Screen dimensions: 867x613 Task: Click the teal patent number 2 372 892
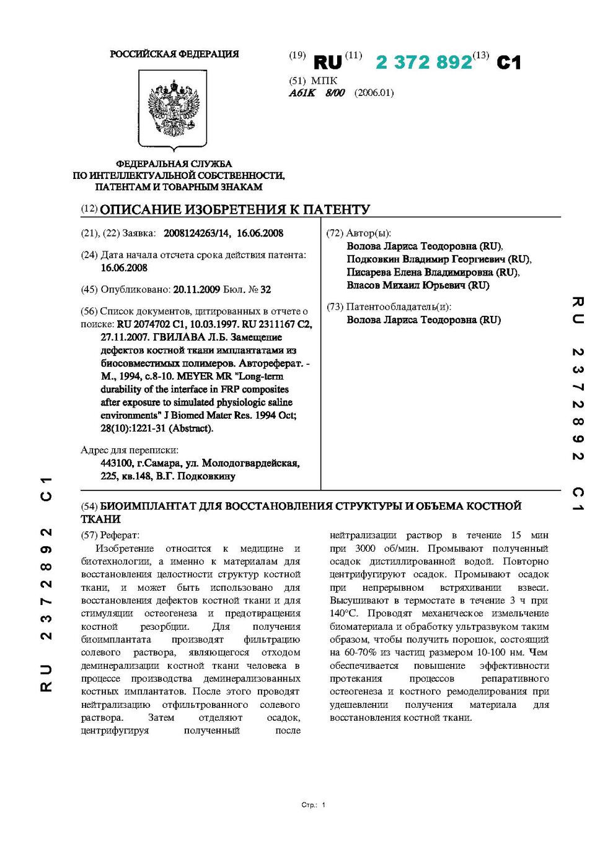(x=424, y=63)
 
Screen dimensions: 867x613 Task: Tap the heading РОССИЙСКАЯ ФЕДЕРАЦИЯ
(x=174, y=54)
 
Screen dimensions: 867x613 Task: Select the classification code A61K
(x=302, y=93)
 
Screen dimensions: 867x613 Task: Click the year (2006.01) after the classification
(x=374, y=93)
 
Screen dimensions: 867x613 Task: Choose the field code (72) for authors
(x=335, y=233)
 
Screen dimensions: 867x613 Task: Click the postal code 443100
(x=117, y=463)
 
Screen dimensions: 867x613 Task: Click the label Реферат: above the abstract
(x=120, y=535)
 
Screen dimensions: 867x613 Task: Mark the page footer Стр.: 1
(x=313, y=805)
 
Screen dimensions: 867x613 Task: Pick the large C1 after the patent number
(x=508, y=63)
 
